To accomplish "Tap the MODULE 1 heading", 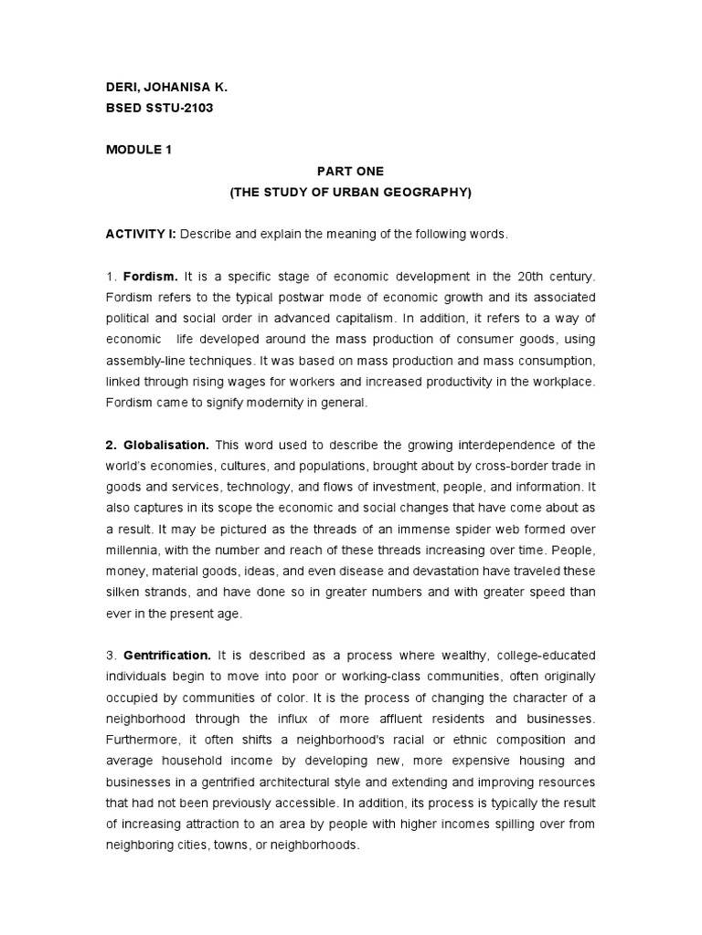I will click(139, 149).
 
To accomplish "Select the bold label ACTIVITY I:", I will click(142, 234).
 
